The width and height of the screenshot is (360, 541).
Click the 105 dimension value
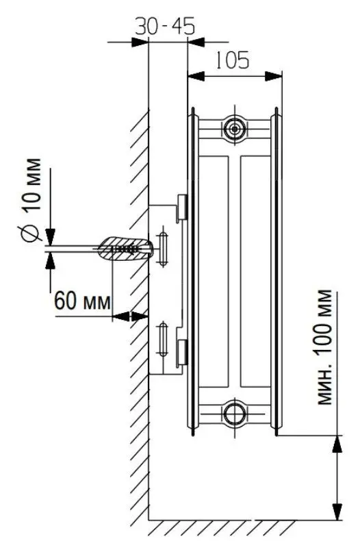click(x=232, y=60)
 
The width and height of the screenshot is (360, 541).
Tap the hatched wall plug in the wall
click(x=125, y=249)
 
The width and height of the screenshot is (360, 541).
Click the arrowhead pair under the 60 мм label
click(x=130, y=316)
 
